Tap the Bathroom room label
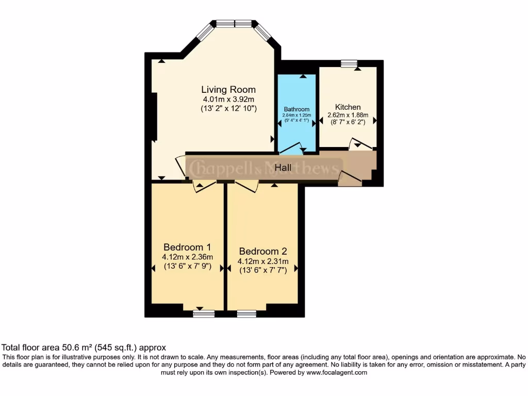[296, 109]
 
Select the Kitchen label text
[348, 107]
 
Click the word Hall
[283, 168]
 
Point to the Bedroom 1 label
[187, 246]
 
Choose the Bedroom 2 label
[263, 251]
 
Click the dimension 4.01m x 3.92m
[228, 100]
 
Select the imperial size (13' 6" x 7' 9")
[187, 266]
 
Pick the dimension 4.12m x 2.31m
[263, 261]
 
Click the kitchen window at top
[349, 63]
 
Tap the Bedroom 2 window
[246, 313]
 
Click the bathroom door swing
[291, 148]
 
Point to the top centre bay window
[235, 23]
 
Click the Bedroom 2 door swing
[246, 187]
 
